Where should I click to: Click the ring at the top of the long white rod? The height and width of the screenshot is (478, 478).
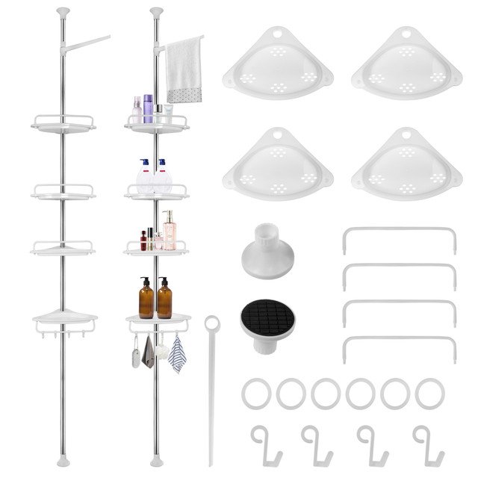[x=211, y=323]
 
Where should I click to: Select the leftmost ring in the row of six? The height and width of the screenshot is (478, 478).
[x=255, y=393]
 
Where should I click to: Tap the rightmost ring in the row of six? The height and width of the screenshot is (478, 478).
[x=429, y=393]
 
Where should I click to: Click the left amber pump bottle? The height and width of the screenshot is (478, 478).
[x=146, y=299]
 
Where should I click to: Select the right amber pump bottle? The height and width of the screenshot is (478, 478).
[x=164, y=299]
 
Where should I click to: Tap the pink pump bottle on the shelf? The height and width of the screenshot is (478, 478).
[x=170, y=232]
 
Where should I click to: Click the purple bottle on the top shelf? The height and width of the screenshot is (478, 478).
[x=148, y=109]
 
